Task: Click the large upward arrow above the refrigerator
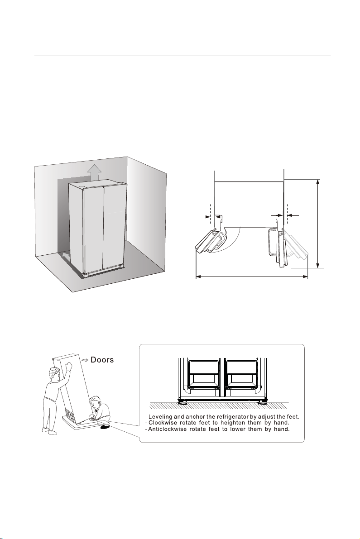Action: point(94,172)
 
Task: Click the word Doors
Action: point(102,360)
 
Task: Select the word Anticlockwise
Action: point(167,429)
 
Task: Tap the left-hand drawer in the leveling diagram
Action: point(204,375)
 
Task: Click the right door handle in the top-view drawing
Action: point(272,243)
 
